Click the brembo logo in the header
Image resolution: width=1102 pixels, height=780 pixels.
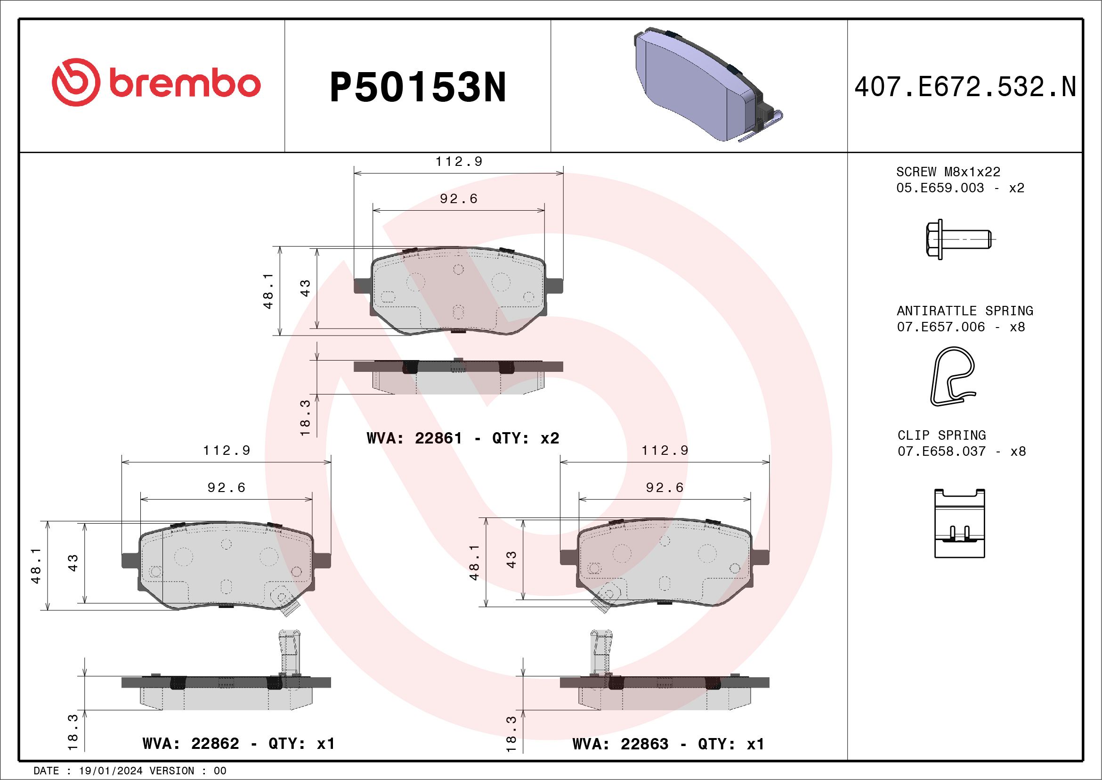(x=156, y=83)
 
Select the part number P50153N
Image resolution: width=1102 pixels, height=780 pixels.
(x=418, y=87)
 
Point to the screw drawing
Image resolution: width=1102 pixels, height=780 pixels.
(x=957, y=239)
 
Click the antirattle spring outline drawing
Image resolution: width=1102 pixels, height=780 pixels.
(x=953, y=376)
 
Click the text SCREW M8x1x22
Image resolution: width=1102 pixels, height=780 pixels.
(x=948, y=172)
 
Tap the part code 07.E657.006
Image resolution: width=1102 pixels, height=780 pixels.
(x=940, y=327)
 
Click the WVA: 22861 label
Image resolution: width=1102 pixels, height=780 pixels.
(x=414, y=438)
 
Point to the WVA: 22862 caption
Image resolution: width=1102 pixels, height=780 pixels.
(x=191, y=744)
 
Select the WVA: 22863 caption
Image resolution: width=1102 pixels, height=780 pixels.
(x=620, y=744)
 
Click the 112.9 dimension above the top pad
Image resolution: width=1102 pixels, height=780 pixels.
(x=459, y=162)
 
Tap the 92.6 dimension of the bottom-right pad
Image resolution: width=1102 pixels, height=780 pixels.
(x=664, y=488)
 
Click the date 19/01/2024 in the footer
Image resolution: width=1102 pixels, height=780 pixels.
(x=110, y=771)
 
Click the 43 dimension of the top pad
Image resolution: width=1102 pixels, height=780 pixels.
(x=305, y=288)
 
